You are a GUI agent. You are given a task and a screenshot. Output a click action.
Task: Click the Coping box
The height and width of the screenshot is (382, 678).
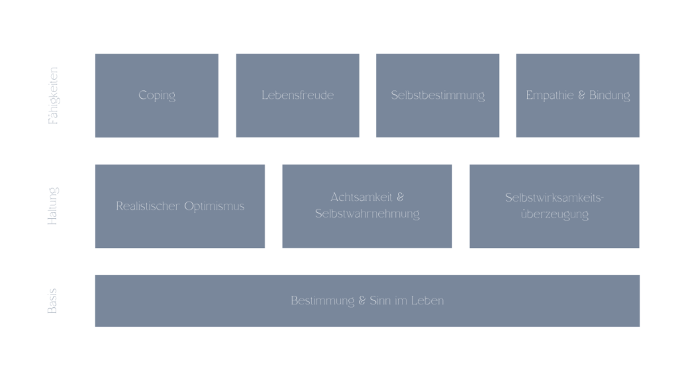coord(156,95)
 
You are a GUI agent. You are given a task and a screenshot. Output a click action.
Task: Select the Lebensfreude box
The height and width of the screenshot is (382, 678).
coord(297,95)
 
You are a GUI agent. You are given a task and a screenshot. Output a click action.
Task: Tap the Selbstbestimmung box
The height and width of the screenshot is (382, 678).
coord(438,95)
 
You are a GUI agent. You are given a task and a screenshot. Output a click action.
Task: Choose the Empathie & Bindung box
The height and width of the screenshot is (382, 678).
coord(577,95)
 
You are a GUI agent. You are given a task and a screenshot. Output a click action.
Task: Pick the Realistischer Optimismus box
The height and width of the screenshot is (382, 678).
coord(180,206)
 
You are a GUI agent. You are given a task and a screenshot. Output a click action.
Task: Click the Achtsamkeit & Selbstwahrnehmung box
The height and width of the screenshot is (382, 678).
coord(367,206)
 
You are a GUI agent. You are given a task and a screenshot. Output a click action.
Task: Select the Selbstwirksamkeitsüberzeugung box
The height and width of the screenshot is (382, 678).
coord(554,206)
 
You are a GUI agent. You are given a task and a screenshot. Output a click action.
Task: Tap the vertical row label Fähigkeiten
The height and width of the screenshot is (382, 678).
coord(53,95)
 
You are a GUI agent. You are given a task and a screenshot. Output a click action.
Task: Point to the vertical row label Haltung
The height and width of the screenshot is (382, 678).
coord(53,206)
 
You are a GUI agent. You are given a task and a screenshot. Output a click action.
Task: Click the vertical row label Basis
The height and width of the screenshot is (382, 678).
coord(52,301)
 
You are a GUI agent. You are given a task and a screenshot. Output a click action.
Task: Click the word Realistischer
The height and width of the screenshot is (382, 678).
coord(148,206)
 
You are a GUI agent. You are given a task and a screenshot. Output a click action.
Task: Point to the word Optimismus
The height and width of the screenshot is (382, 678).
coord(215,207)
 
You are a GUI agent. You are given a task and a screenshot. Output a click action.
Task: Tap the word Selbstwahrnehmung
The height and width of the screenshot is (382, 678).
coord(367,214)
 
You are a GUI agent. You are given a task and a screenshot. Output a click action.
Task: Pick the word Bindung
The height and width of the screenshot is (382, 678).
coord(610,95)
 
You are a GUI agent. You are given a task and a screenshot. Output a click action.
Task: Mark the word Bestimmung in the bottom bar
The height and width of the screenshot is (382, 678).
coord(322,300)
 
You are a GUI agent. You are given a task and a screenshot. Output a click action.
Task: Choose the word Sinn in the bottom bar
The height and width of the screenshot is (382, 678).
coord(380,300)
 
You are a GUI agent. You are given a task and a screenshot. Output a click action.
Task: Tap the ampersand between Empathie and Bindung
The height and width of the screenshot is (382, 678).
coord(581,95)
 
